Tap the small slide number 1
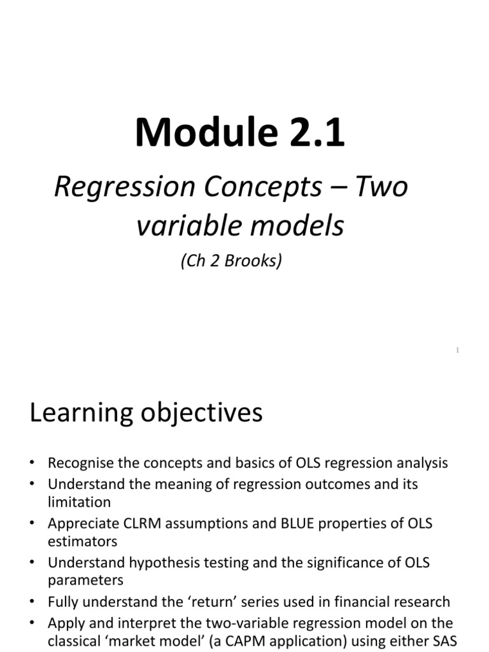pyautogui.click(x=458, y=350)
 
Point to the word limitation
pyautogui.click(x=79, y=502)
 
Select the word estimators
pyautogui.click(x=83, y=541)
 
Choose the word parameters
pyautogui.click(x=85, y=580)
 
